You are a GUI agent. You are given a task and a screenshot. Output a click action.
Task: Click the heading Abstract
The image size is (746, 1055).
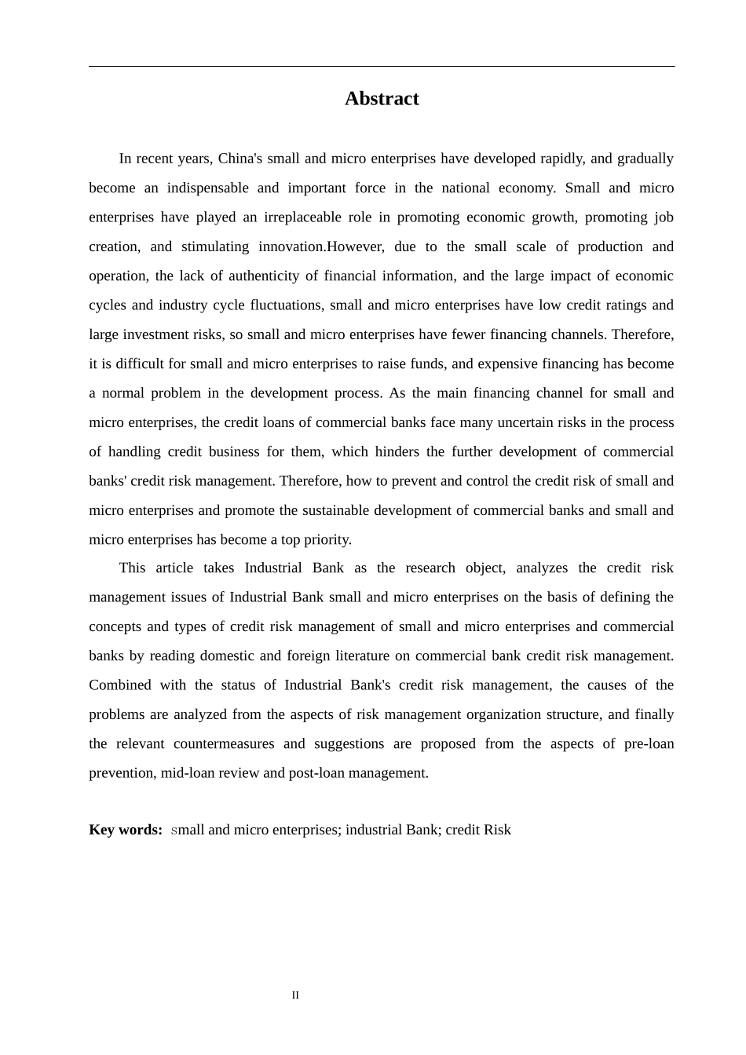click(x=382, y=99)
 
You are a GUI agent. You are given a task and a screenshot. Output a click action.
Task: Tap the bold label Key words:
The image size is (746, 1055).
click(x=126, y=830)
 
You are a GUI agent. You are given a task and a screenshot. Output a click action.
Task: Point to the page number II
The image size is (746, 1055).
click(x=295, y=995)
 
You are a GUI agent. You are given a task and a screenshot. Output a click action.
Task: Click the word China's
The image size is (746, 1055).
click(x=240, y=159)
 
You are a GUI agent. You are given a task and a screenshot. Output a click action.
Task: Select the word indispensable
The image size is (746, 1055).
click(x=207, y=188)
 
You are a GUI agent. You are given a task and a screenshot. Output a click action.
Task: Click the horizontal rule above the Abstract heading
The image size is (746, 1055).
click(x=382, y=67)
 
